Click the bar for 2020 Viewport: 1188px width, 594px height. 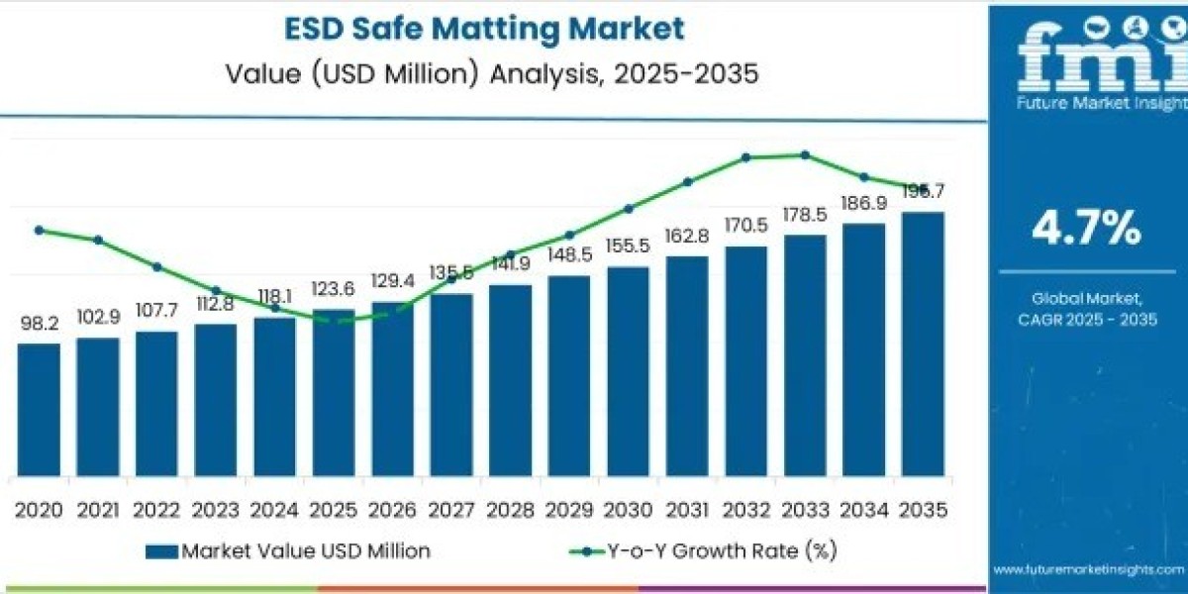point(39,408)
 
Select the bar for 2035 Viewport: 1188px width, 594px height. point(923,343)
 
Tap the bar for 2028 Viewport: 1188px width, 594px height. point(510,379)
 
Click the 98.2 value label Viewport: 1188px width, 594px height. point(39,324)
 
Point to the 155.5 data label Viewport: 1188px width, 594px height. point(628,247)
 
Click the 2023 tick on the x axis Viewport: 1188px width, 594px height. point(216,510)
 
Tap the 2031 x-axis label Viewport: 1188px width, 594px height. point(687,510)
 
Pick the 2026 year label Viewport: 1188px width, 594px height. point(392,510)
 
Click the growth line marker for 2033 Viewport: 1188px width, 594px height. point(805,154)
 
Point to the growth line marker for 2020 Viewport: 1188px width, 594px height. point(39,230)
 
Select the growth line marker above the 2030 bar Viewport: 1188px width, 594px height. point(628,209)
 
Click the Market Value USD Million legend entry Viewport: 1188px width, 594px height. point(288,550)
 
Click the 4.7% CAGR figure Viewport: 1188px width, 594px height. point(1086,230)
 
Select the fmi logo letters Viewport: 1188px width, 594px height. point(1086,59)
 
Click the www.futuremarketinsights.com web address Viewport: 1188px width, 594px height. point(1088,570)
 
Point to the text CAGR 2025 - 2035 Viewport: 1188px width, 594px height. point(1086,318)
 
